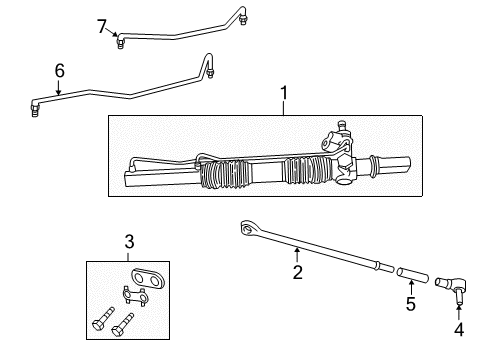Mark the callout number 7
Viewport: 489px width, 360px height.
click(101, 26)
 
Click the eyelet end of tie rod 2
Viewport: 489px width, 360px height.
click(247, 230)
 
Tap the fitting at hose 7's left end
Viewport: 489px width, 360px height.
click(121, 42)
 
